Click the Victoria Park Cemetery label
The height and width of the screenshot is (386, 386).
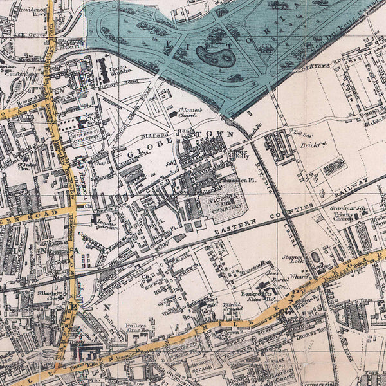[223, 205]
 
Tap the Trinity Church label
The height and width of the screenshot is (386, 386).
[340, 216]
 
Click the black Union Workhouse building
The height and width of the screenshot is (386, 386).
[103, 71]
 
